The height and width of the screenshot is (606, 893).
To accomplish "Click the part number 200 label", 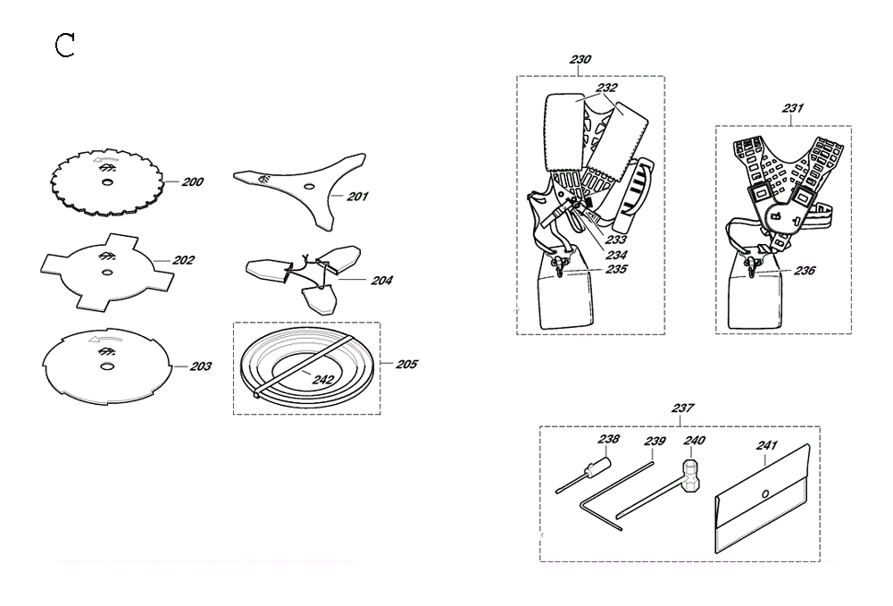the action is pyautogui.click(x=193, y=181).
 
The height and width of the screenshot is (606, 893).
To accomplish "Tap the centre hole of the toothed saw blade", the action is pyautogui.click(x=106, y=181).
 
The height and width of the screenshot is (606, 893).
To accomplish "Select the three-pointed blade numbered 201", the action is pyautogui.click(x=299, y=188).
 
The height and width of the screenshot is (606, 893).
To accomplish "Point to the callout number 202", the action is pyautogui.click(x=183, y=260).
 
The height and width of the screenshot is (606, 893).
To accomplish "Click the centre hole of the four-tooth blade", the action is pyautogui.click(x=106, y=273).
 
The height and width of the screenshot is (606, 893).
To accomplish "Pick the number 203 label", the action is pyautogui.click(x=200, y=366).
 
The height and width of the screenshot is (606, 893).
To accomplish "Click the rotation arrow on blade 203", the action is pyautogui.click(x=105, y=341).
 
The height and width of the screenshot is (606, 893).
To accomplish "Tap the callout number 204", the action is pyautogui.click(x=381, y=280).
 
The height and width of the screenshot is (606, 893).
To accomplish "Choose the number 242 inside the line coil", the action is pyautogui.click(x=323, y=380).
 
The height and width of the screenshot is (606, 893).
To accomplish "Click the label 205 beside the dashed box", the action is pyautogui.click(x=406, y=364).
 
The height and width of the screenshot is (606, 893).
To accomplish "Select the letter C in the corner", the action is pyautogui.click(x=65, y=46).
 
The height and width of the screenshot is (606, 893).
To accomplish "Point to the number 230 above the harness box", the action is pyautogui.click(x=580, y=59).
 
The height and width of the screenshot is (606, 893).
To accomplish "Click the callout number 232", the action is pyautogui.click(x=607, y=88).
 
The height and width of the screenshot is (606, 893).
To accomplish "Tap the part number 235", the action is pyautogui.click(x=616, y=268).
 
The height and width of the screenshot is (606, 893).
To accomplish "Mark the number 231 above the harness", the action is pyautogui.click(x=793, y=108).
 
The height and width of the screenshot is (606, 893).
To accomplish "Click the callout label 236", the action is pyautogui.click(x=805, y=270).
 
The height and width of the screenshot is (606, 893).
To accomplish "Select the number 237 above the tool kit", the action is pyautogui.click(x=682, y=408).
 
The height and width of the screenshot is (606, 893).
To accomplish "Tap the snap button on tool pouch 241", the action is pyautogui.click(x=765, y=493).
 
